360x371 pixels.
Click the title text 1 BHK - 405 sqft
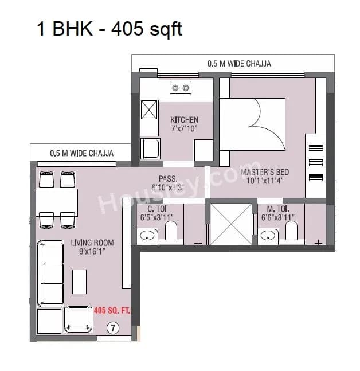pyautogui.click(x=109, y=28)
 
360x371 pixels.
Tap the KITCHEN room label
pyautogui.click(x=185, y=120)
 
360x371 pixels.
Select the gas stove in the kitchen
pyautogui.click(x=181, y=88)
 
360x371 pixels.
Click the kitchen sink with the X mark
pyautogui.click(x=149, y=108)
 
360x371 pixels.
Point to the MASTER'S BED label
pyautogui.click(x=265, y=172)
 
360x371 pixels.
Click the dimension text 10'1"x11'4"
pyautogui.click(x=265, y=181)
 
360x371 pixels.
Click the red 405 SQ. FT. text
pyautogui.click(x=112, y=310)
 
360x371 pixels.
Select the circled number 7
pyautogui.click(x=113, y=328)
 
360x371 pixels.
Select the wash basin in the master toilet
pyautogui.click(x=267, y=235)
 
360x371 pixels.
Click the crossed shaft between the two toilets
pyautogui.click(x=227, y=224)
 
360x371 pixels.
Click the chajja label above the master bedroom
pyautogui.click(x=239, y=63)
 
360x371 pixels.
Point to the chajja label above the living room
pyautogui.click(x=81, y=153)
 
